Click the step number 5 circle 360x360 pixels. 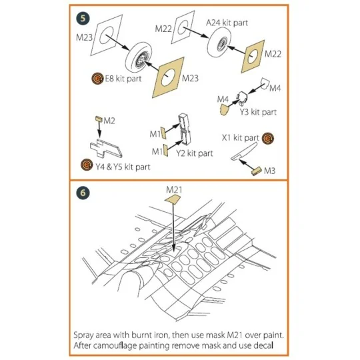click(x=83, y=19)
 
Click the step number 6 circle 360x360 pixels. click(x=83, y=193)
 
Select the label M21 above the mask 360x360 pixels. click(x=174, y=189)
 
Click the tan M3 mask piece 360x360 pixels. click(x=257, y=171)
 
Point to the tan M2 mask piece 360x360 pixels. click(x=99, y=119)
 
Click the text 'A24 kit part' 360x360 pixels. click(x=227, y=23)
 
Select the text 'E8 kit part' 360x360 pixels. click(x=123, y=79)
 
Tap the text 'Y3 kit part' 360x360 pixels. click(x=258, y=112)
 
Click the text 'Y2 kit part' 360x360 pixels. click(x=195, y=153)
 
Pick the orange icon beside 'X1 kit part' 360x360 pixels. click(x=268, y=139)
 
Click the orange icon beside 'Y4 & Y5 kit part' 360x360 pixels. click(x=87, y=165)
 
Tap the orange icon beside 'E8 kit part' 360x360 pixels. click(x=97, y=79)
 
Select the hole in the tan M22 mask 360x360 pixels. click(x=253, y=56)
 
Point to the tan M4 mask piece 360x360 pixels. click(x=225, y=109)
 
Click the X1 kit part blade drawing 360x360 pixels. click(x=244, y=151)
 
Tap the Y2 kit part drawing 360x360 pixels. click(x=184, y=129)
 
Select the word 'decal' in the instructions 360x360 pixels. click(x=263, y=345)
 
